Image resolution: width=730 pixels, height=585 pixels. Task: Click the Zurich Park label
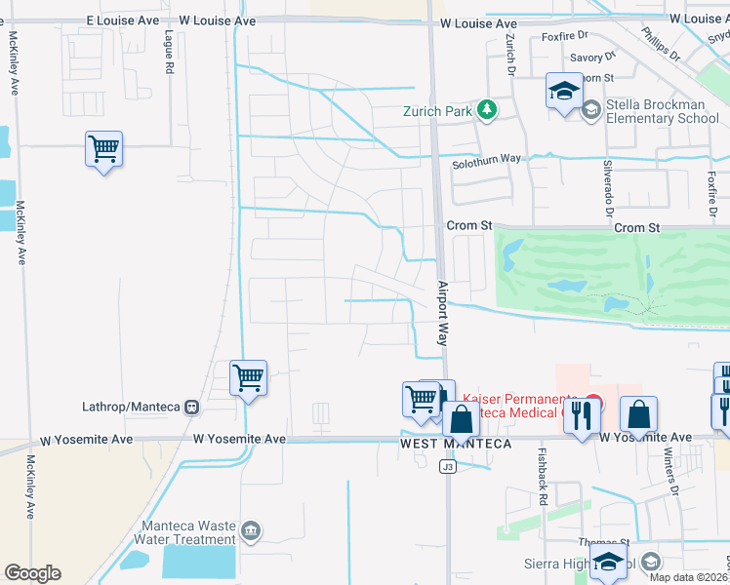point(438,110)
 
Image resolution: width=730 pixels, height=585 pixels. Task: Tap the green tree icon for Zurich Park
point(487,110)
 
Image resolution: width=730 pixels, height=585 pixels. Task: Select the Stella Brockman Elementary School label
point(663,111)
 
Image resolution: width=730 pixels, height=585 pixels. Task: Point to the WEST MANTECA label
point(455,445)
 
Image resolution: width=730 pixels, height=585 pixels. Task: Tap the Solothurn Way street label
point(486,165)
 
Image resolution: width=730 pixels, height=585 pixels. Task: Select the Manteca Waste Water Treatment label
point(189,532)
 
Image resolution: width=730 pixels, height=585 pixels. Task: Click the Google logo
point(32,573)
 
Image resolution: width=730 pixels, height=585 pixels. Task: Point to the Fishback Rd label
point(543,476)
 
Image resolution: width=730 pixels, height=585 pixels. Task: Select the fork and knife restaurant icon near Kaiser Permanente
point(583,414)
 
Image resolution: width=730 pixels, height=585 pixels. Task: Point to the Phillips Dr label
point(661,48)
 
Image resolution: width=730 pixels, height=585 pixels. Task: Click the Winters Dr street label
point(670,474)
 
